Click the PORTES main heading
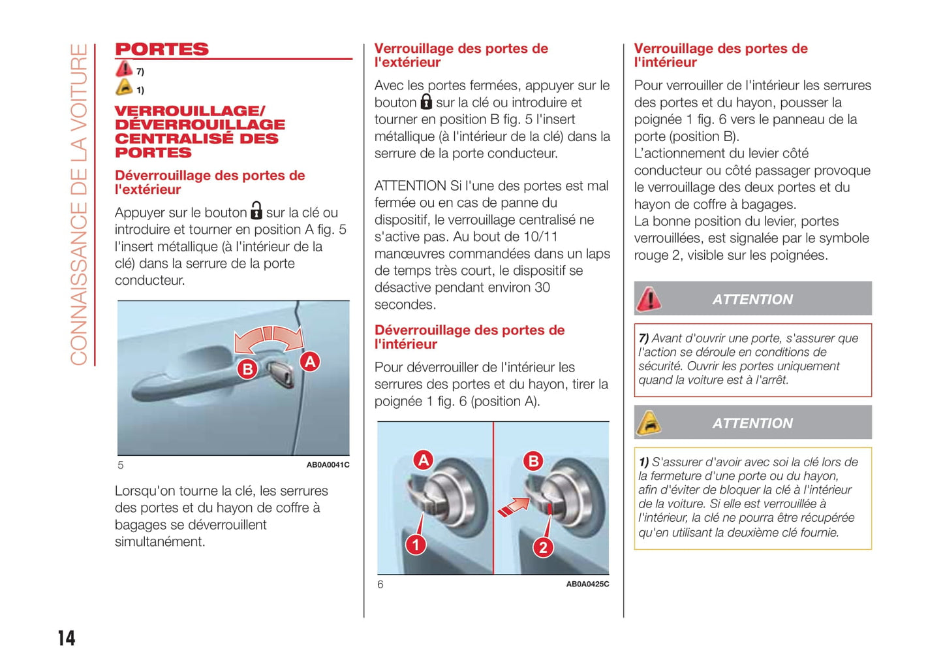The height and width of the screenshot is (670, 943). click(x=162, y=50)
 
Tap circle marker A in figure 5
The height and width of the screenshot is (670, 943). click(x=310, y=361)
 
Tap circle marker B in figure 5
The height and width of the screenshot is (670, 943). click(x=247, y=369)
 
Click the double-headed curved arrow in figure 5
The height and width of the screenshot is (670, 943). click(x=269, y=338)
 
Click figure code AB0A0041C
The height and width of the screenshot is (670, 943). click(x=328, y=465)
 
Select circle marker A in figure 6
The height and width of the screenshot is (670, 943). click(x=424, y=460)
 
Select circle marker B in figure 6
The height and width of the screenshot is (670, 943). click(x=533, y=461)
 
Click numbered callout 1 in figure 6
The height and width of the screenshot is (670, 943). click(x=416, y=544)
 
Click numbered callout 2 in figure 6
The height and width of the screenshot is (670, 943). click(x=543, y=547)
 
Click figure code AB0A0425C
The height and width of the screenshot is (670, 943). click(x=587, y=584)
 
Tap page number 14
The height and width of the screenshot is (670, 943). click(x=67, y=638)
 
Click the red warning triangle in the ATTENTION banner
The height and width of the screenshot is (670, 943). click(x=649, y=299)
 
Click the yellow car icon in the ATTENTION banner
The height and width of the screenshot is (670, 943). click(x=648, y=423)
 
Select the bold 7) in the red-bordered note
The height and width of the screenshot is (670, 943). click(x=643, y=338)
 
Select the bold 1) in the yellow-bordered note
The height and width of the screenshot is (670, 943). click(x=643, y=462)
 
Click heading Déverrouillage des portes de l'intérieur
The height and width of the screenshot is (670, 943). click(x=469, y=337)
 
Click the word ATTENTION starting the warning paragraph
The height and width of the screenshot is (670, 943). click(x=410, y=186)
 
